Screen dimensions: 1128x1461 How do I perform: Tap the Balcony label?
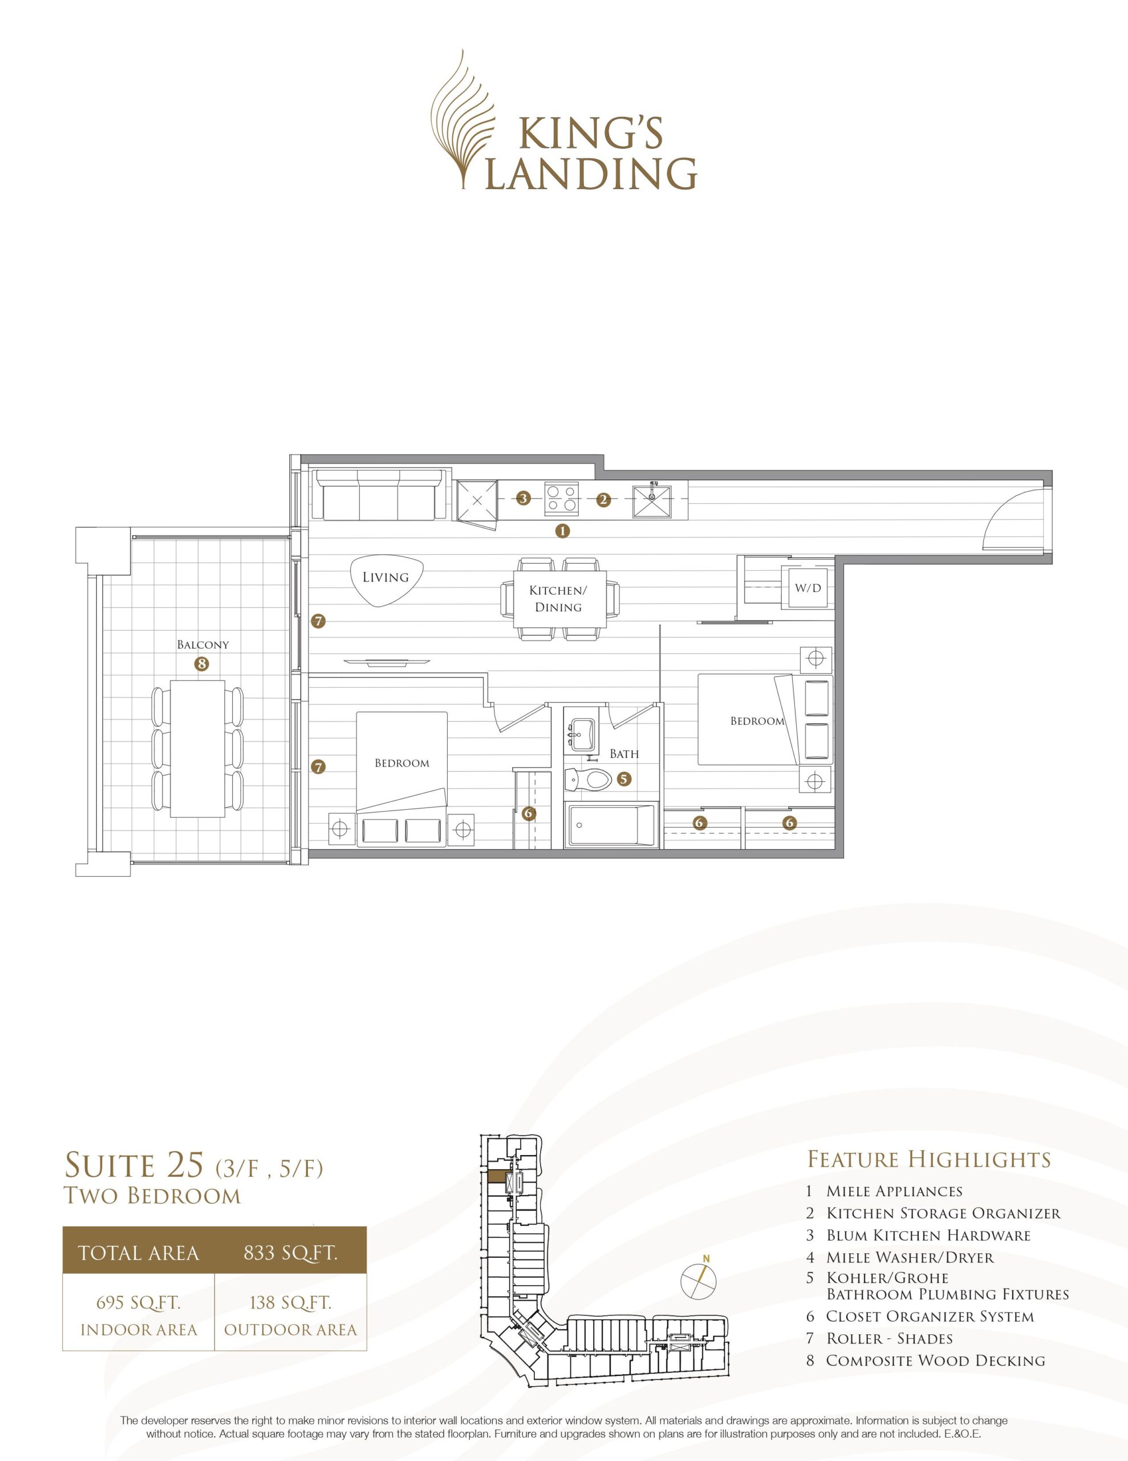(202, 645)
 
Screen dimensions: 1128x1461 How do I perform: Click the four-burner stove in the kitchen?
(562, 498)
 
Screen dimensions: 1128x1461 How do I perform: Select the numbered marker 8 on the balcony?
(201, 664)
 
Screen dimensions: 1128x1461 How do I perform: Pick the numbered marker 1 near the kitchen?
(562, 531)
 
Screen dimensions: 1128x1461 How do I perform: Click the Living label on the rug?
(385, 576)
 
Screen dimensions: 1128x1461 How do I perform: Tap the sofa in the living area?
(381, 495)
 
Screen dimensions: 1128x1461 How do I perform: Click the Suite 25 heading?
(133, 1165)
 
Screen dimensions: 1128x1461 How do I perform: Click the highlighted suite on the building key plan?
(497, 1177)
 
